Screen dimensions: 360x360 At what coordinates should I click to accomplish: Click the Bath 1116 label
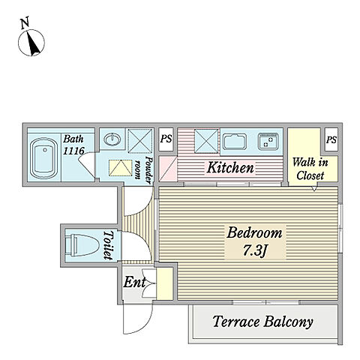tap(73, 145)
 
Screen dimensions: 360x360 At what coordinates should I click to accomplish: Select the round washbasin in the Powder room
tap(112, 139)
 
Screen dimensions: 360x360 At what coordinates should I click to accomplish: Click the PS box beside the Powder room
tap(166, 139)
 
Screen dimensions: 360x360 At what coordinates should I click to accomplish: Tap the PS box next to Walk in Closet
tap(331, 139)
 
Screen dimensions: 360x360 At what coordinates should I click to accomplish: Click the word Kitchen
tap(230, 167)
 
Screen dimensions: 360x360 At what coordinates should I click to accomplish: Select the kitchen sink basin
tap(235, 142)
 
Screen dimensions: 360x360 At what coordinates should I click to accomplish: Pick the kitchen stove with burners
tap(268, 142)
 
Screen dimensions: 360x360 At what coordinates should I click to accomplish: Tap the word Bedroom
tap(254, 232)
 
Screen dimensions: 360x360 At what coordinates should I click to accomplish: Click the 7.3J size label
tap(255, 250)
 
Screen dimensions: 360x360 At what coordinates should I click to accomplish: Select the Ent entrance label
tap(134, 282)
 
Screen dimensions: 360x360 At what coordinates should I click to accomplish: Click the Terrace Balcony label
tap(262, 322)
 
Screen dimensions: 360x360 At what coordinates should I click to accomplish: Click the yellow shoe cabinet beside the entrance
tap(165, 283)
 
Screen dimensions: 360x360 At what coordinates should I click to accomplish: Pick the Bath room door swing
tap(86, 163)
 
